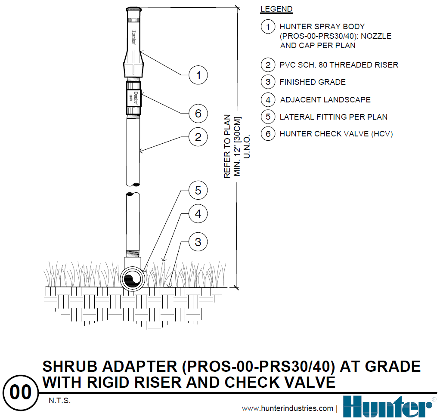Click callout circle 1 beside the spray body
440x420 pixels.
tap(198, 75)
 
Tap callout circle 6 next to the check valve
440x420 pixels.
tap(198, 113)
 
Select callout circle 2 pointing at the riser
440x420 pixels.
tap(198, 137)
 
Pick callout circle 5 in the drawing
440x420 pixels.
tap(198, 190)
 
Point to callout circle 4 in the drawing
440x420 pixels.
tap(198, 214)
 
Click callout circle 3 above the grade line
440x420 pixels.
tap(198, 242)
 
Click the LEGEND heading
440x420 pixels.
tap(276, 9)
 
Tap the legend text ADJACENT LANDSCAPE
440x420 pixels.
tap(325, 99)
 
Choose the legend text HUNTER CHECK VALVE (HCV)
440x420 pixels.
tap(336, 134)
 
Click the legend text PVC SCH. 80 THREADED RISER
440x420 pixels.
tap(339, 65)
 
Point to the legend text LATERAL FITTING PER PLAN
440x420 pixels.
tap(333, 117)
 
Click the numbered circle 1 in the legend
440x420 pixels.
tap(268, 27)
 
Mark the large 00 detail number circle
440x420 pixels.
tap(21, 392)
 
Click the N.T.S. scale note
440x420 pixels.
tap(59, 401)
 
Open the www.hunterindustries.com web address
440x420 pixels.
tap(287, 408)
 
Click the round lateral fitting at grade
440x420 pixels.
tap(133, 279)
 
